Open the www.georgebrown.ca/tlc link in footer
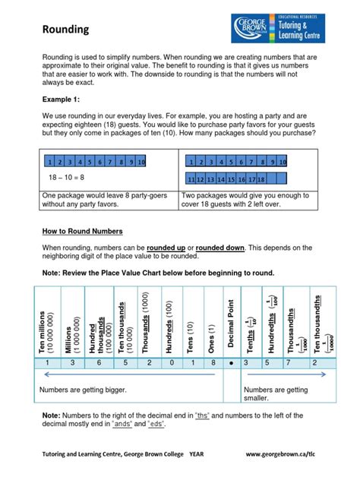tap(289, 453)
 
